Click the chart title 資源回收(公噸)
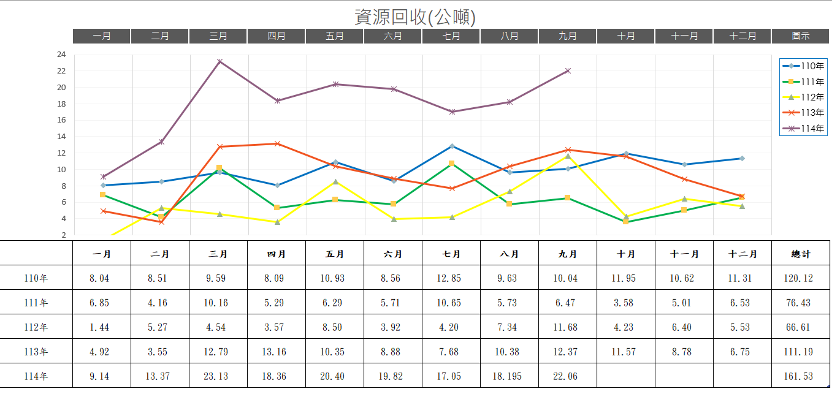point(415,17)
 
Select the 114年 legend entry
point(803,129)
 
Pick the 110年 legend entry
point(803,66)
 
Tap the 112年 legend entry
point(803,97)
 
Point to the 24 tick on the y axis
point(61,55)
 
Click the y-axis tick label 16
point(61,120)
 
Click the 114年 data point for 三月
point(219,62)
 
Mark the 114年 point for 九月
point(568,70)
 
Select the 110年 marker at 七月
point(452,146)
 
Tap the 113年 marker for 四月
point(277,143)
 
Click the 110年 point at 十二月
point(742,159)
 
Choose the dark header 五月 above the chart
point(335,36)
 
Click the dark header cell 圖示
point(801,36)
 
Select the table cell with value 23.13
point(218,376)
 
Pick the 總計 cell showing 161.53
point(798,376)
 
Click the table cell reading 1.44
point(99,327)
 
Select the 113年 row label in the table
point(36,352)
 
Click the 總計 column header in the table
point(801,254)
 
